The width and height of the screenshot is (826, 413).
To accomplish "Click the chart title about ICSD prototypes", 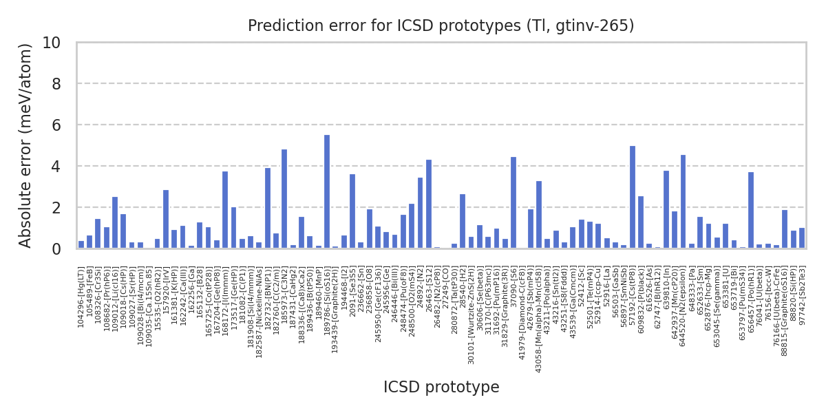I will click(x=441, y=26).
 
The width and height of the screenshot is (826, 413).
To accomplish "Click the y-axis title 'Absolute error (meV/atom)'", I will click(x=26, y=145).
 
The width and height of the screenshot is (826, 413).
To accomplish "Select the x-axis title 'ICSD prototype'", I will click(x=441, y=388).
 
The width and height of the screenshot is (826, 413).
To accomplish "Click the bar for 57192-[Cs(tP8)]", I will click(x=633, y=197).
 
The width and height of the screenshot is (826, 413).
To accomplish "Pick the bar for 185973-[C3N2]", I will click(x=284, y=199).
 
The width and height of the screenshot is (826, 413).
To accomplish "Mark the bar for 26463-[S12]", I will click(x=429, y=204).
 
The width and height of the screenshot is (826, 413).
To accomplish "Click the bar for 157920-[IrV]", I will click(x=166, y=219).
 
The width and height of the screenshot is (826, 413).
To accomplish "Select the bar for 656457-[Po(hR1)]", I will click(x=751, y=210).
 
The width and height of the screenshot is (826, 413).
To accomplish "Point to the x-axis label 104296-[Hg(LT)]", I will click(x=81, y=297).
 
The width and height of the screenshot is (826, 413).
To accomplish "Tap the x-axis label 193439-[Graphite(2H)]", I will click(x=335, y=309).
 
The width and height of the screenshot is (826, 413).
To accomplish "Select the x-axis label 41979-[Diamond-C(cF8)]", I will click(x=522, y=311).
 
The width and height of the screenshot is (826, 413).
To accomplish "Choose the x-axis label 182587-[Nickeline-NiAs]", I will click(x=259, y=310).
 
